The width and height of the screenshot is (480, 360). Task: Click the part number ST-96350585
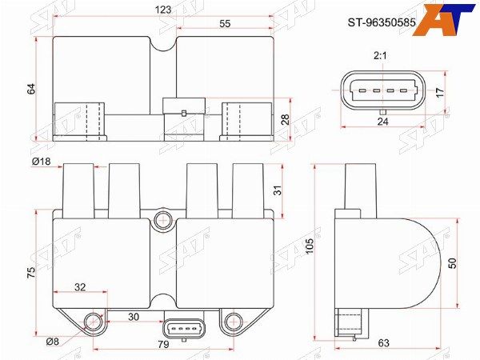point(382,22)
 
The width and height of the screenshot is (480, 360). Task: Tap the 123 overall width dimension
point(163,10)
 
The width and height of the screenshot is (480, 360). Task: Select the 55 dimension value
point(225,23)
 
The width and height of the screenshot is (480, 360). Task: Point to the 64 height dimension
point(31,89)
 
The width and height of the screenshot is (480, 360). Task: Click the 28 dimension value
point(285,119)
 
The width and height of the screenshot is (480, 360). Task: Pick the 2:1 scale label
point(380,56)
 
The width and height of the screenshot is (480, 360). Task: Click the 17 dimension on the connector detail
point(439,93)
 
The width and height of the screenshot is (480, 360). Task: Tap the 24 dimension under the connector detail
point(382,122)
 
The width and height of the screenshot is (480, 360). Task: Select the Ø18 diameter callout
point(42,161)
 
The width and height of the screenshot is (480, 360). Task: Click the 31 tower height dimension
point(278,190)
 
